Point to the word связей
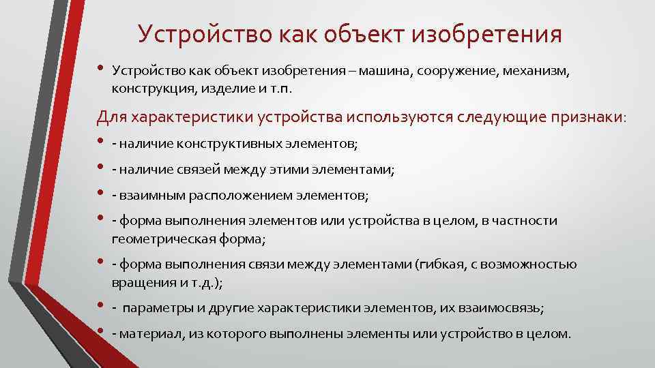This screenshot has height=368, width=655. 196,170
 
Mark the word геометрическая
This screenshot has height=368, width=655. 156,239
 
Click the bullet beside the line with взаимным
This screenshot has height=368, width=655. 101,194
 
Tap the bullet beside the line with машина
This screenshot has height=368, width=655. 101,69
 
